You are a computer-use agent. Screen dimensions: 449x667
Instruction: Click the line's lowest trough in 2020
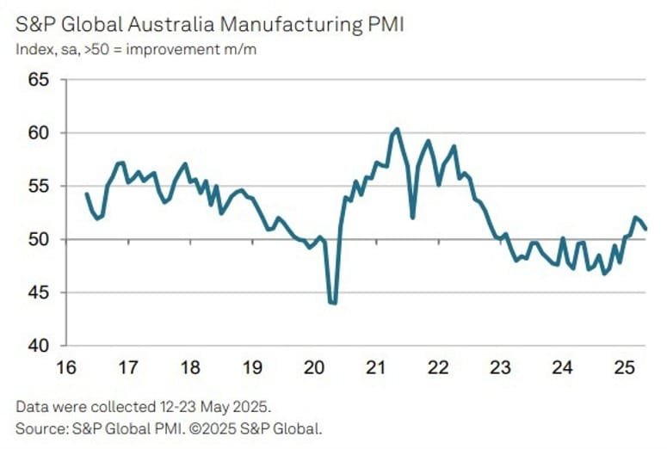point(333,303)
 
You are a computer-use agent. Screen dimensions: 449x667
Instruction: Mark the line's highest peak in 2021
point(396,129)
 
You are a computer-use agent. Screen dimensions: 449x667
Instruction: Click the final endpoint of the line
point(646,229)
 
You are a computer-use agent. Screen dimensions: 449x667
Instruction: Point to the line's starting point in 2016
point(86,194)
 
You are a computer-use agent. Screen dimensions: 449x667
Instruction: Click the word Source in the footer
point(35,426)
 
